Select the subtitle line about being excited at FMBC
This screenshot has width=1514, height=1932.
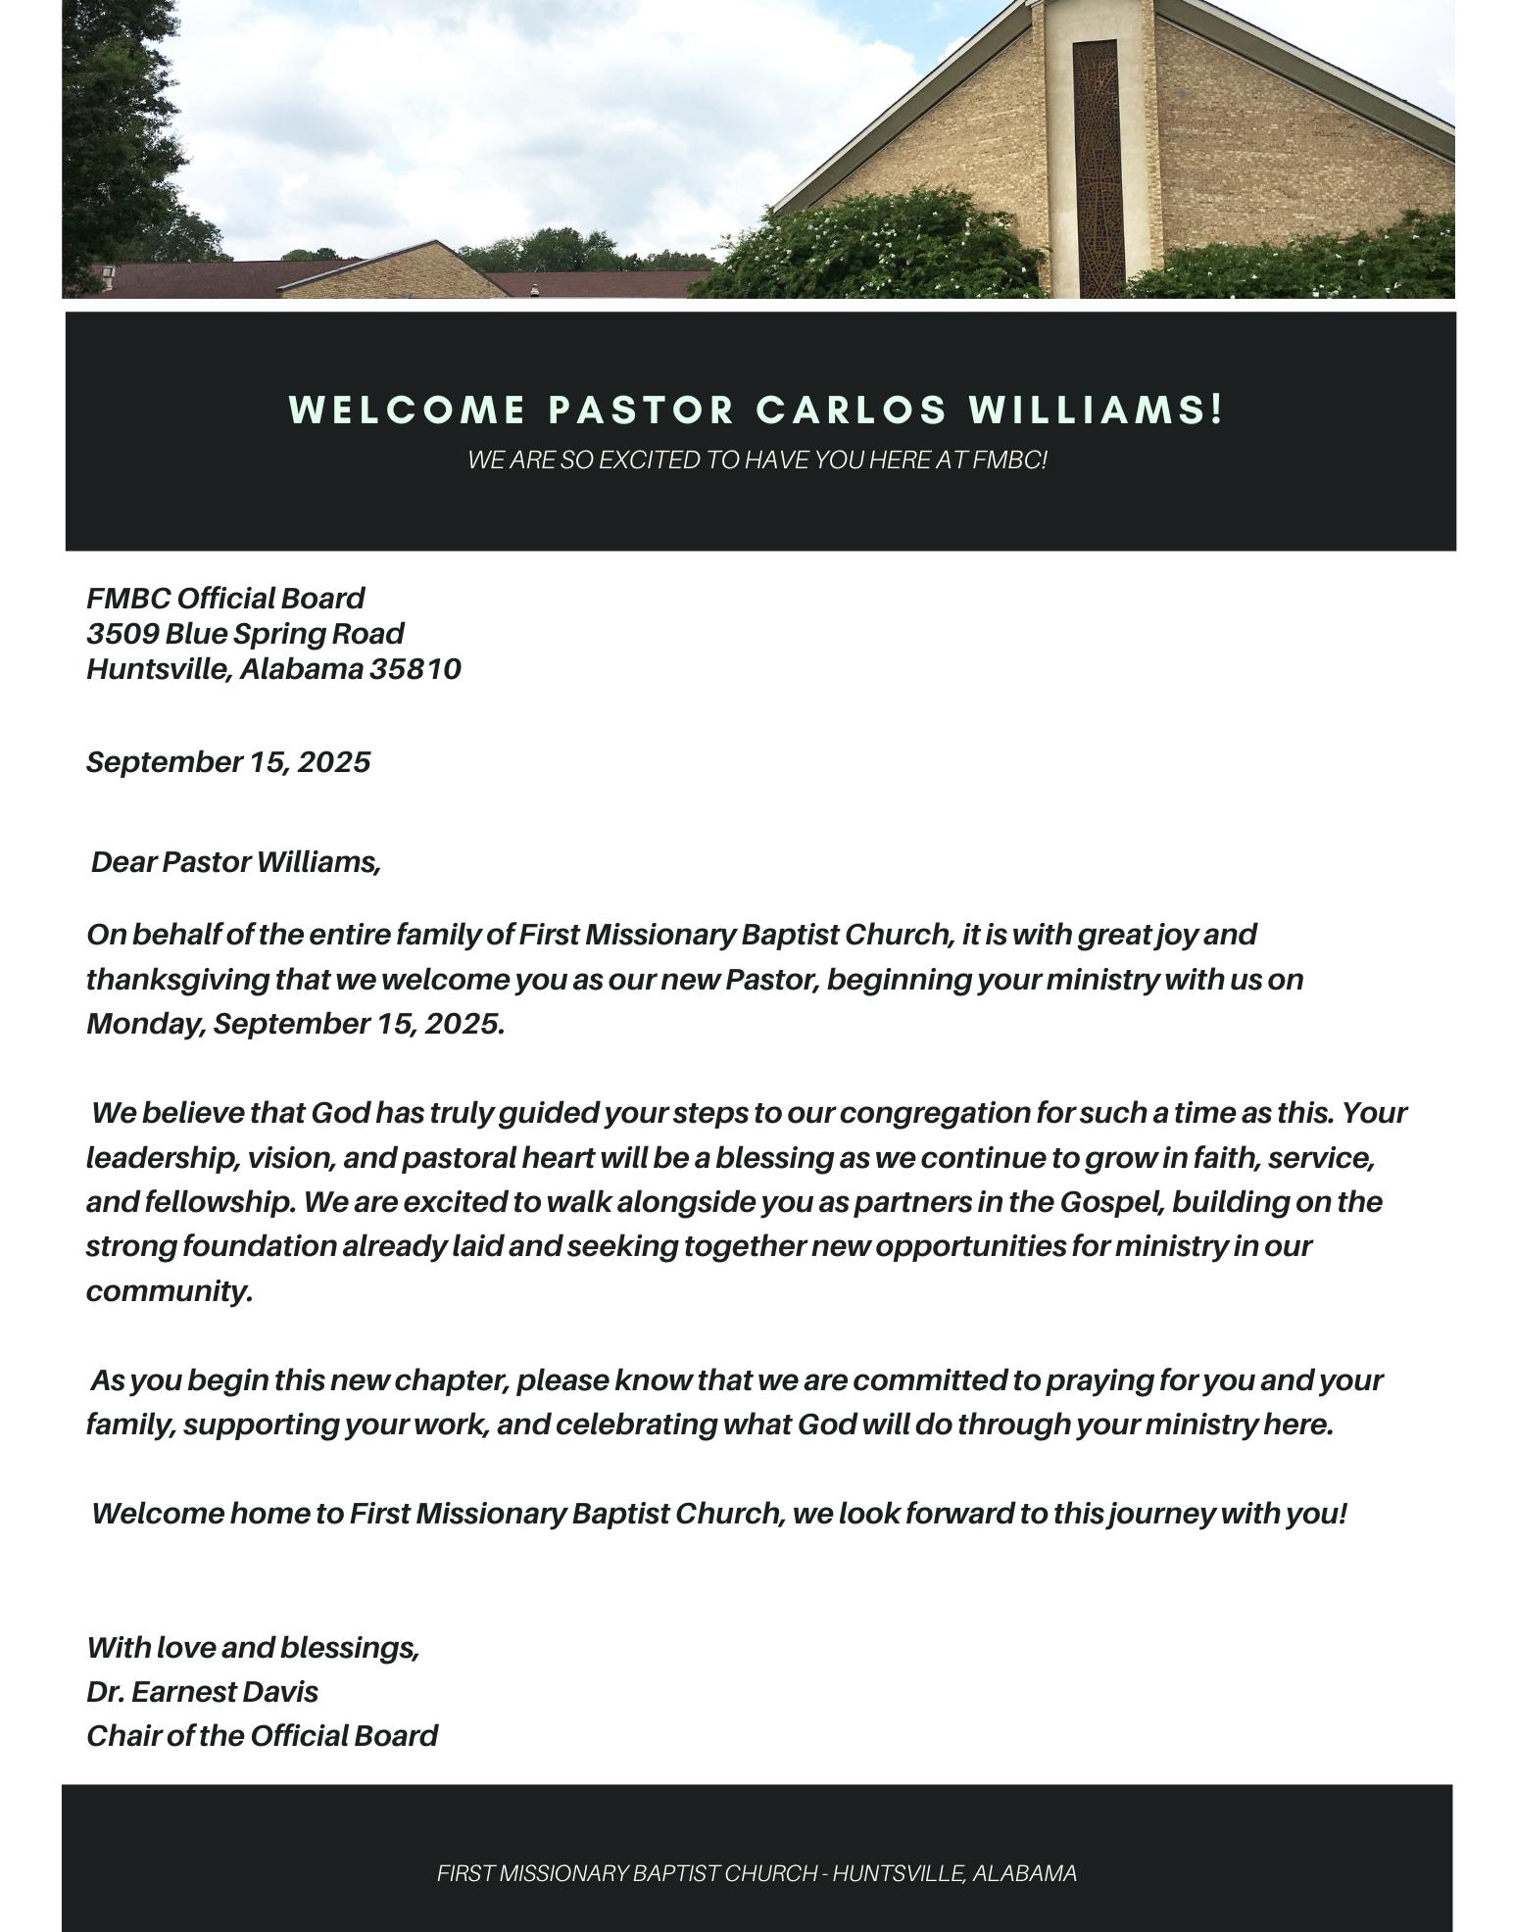757,459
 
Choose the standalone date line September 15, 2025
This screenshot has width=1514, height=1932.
228,762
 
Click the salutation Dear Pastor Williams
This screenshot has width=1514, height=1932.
235,862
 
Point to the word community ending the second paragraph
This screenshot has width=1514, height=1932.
167,1291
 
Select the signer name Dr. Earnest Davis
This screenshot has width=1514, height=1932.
202,1692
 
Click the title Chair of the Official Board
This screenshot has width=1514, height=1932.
262,1736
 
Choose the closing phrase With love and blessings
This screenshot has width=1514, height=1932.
253,1648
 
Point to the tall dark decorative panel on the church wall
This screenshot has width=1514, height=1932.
1095,167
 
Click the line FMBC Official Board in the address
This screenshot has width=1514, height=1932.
225,599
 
